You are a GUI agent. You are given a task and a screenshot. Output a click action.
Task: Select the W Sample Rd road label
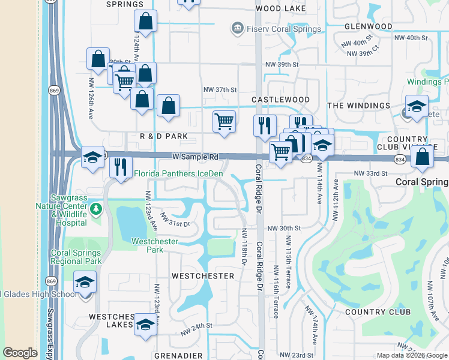195,157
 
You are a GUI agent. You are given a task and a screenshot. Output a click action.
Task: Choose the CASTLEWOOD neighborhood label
280,99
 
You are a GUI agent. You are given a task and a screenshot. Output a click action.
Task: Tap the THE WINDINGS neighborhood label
358,106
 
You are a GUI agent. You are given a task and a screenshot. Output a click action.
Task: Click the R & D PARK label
164,136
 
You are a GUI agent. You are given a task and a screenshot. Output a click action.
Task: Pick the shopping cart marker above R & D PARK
224,121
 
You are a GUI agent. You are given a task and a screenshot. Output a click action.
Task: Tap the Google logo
20,353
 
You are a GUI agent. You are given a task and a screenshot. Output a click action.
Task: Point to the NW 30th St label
284,229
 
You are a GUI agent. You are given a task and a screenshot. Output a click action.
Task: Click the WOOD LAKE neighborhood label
280,9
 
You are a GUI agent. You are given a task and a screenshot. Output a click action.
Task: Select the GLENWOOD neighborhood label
369,26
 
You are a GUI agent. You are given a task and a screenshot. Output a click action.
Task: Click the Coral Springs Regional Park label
76,257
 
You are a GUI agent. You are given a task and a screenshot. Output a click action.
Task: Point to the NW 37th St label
217,89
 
